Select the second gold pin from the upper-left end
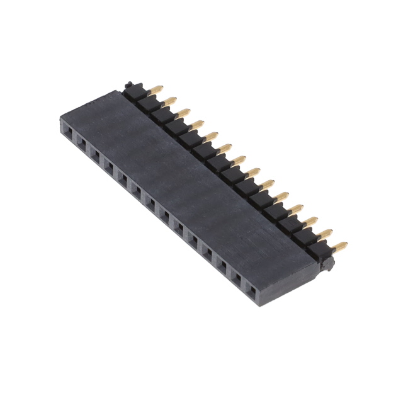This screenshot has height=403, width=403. pyautogui.click(x=169, y=99)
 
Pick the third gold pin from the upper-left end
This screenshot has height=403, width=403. pyautogui.click(x=183, y=111)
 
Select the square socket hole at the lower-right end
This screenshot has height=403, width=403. pyautogui.click(x=252, y=291)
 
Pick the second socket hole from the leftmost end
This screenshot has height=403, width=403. pyautogui.click(x=81, y=142)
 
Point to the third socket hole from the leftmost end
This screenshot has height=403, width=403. pyautogui.click(x=95, y=153)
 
